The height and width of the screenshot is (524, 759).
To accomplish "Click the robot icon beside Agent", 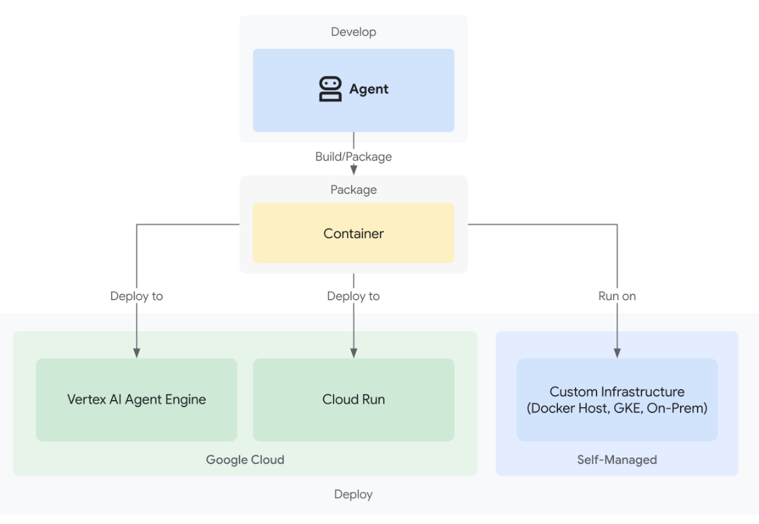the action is coord(330,89).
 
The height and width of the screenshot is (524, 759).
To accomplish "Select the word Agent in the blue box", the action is coord(369,89).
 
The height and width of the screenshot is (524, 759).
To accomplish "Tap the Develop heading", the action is coord(353,32).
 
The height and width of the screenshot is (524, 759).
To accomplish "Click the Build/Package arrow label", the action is coord(353,157).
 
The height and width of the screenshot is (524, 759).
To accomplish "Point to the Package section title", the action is coord(353,190).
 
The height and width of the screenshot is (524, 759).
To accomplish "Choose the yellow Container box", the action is coord(353,233).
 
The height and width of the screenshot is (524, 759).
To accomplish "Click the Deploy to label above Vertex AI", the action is coord(136,296).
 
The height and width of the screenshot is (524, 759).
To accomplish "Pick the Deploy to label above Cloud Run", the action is coord(353,296).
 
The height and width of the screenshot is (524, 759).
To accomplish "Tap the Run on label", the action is coord(617,296).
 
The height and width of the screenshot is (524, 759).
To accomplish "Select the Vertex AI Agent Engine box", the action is coord(136,399).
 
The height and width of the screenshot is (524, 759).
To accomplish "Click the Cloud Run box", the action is coord(353,399).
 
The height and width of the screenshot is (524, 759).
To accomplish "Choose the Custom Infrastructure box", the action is coord(617,399).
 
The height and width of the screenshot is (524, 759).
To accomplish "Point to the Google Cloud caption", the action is coord(245,459).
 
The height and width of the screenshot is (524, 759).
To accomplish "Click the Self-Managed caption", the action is coord(617,459).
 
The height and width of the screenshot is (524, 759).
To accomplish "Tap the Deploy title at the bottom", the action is coord(353,495).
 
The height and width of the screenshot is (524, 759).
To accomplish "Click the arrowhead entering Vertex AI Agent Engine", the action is coord(136,353).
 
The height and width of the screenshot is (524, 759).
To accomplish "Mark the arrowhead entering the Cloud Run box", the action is coord(354,353).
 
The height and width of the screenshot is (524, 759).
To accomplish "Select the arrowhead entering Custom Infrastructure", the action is coord(617,353).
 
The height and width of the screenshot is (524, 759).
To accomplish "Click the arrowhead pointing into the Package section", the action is coord(354,170).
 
